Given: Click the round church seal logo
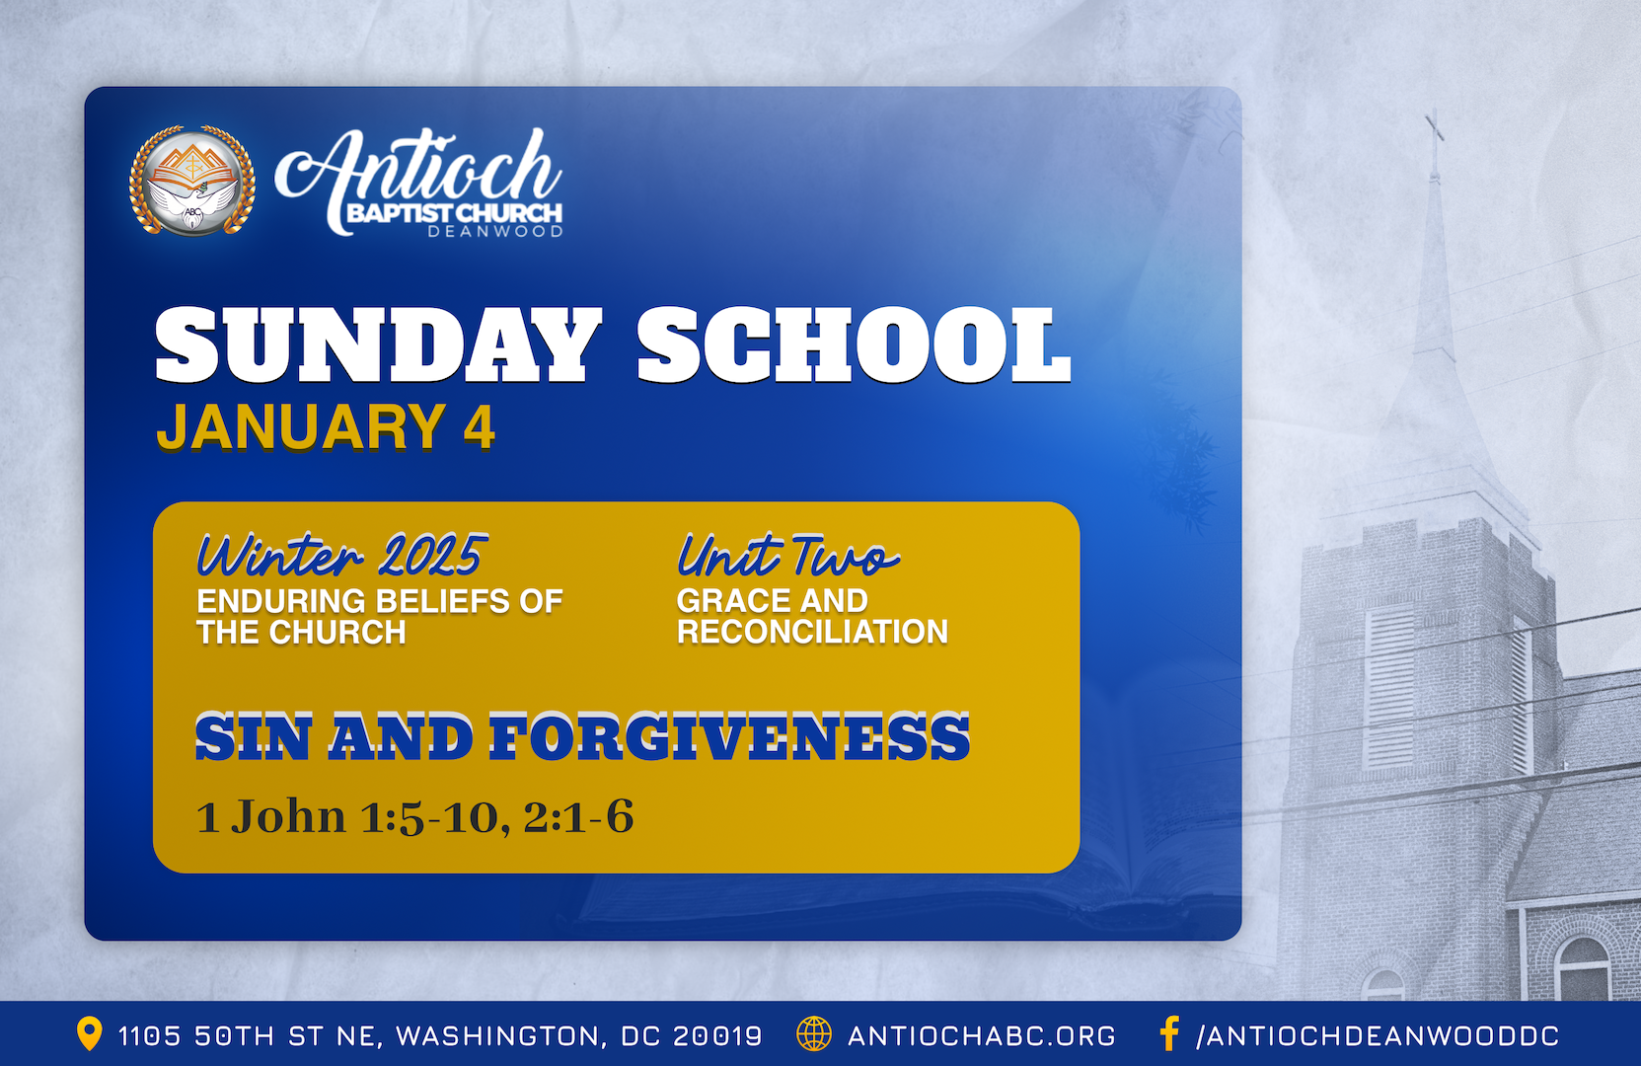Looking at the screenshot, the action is point(192,181).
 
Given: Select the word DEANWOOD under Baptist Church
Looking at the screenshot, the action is point(495,232).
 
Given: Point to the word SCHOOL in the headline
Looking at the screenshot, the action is point(855,344).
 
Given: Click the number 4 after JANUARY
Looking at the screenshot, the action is point(480,426).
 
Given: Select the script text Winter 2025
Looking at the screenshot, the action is point(342,555).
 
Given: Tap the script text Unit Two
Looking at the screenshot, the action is point(788,555).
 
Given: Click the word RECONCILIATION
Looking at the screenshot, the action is point(812,632).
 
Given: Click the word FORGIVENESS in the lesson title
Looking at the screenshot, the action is point(729,737).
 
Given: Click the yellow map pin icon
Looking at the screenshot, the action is point(90,1033).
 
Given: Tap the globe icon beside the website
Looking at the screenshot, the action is point(814,1033).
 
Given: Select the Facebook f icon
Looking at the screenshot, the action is point(1169,1033).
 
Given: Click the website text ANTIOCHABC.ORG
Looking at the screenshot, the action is point(982,1035).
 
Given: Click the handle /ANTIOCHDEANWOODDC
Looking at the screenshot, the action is point(1378,1035).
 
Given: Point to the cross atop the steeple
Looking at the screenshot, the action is point(1434,143).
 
